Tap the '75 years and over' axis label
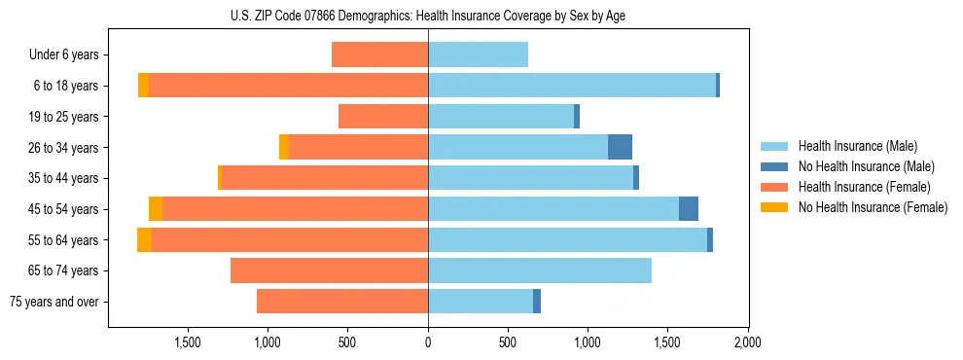click(x=53, y=302)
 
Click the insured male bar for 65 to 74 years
click(x=540, y=270)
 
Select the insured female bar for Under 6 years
click(x=379, y=54)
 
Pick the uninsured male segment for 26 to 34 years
click(x=620, y=147)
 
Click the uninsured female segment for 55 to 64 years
click(x=144, y=239)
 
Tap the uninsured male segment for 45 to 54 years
click(x=688, y=208)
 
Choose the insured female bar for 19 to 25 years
click(x=383, y=117)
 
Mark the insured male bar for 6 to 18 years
click(x=572, y=86)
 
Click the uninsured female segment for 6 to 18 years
click(x=143, y=86)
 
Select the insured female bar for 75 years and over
click(x=342, y=302)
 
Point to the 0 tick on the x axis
click(x=428, y=342)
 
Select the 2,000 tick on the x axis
click(x=747, y=342)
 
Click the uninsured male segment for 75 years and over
click(x=537, y=302)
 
